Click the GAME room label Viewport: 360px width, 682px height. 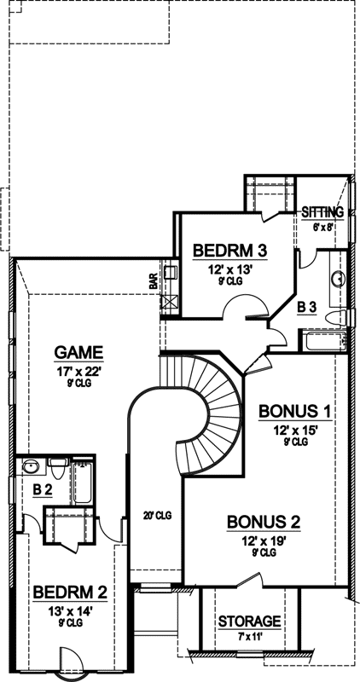click(78, 351)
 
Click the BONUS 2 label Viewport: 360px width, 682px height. click(262, 522)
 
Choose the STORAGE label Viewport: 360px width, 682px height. click(249, 621)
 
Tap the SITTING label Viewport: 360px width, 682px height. click(323, 212)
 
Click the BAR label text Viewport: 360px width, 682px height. click(154, 282)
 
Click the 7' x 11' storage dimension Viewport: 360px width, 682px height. click(249, 635)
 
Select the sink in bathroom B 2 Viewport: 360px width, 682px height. click(32, 466)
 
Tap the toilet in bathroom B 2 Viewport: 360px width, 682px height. click(57, 467)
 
